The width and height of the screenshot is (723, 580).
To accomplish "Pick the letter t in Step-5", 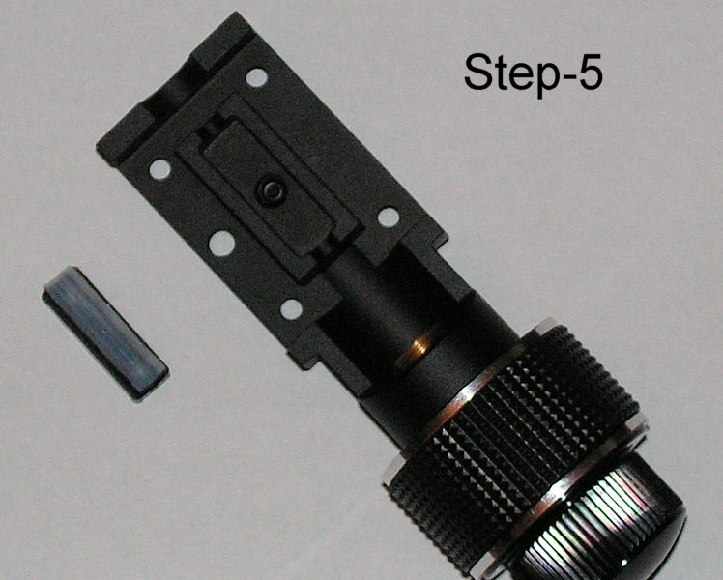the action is pos(502,73).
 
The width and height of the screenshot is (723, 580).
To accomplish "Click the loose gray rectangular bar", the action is pos(105,332).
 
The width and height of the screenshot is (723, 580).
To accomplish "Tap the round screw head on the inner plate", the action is pos(271,189).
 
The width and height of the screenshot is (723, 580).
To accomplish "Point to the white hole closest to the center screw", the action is pos(221,243).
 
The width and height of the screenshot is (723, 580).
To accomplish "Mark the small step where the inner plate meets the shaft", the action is pos(324,251).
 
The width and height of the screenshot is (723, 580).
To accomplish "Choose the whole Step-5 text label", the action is pos(533,76).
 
